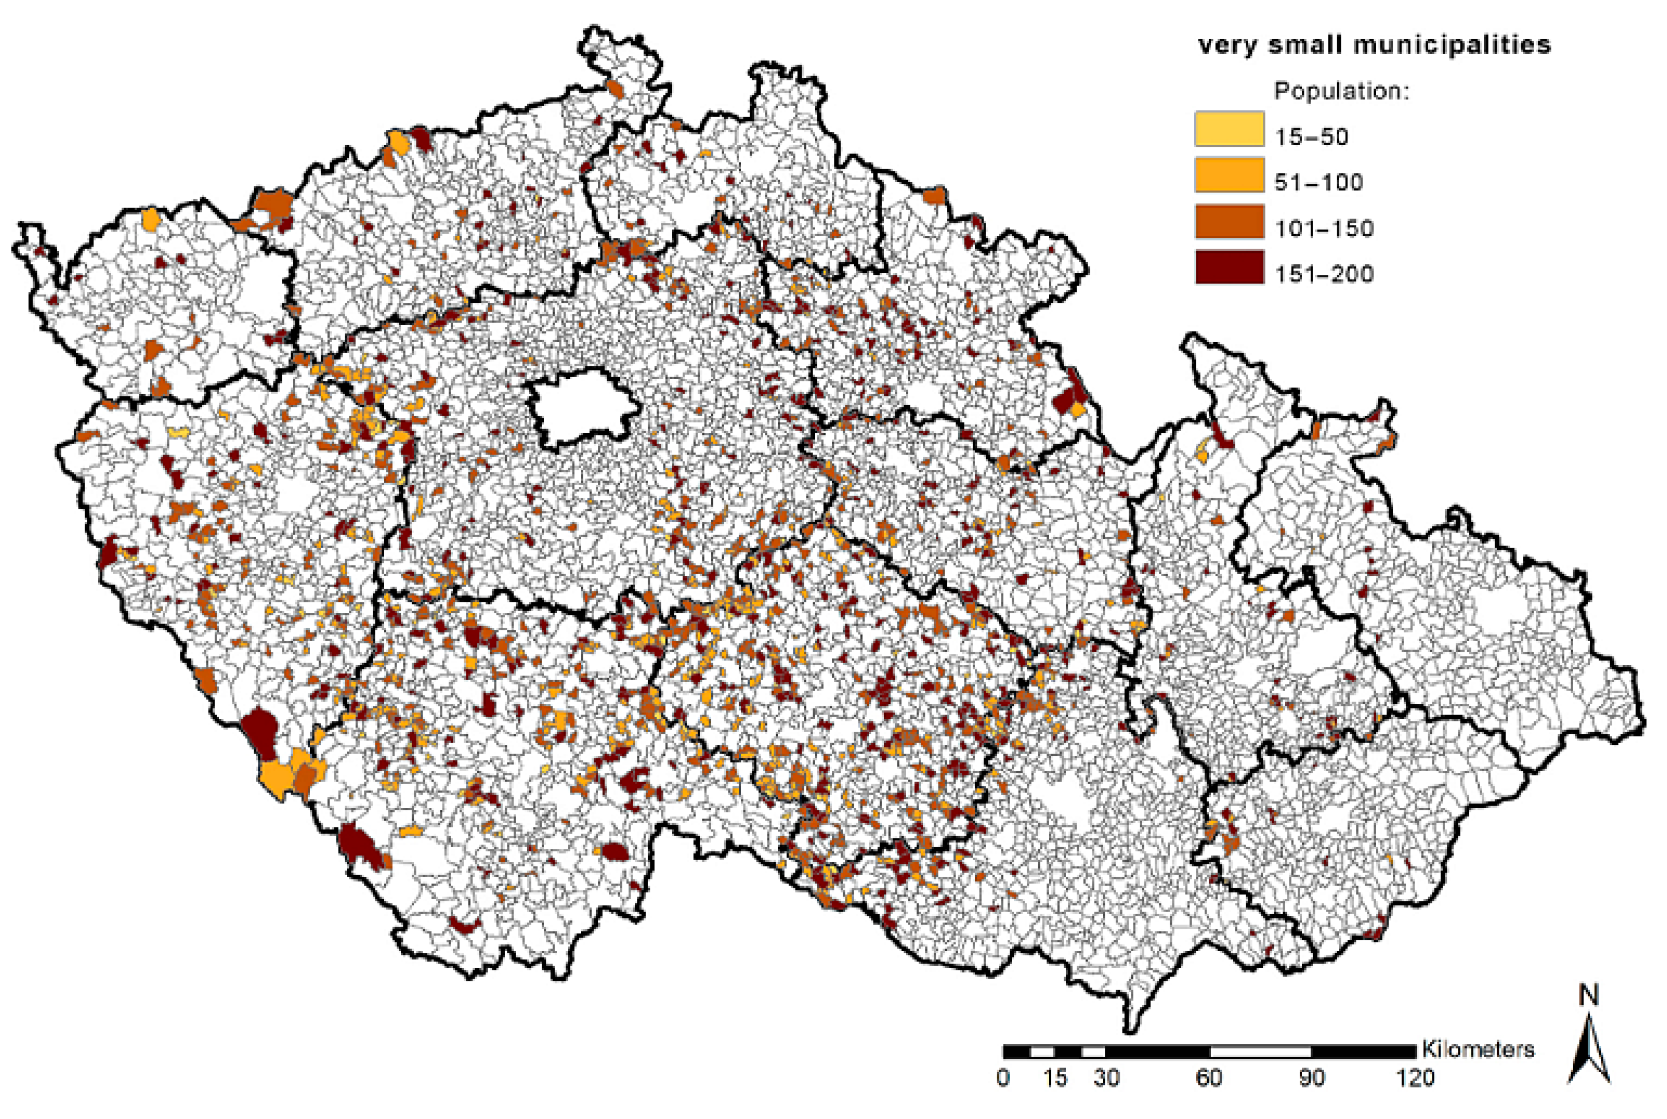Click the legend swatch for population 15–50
click(x=1229, y=129)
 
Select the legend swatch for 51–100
click(x=1229, y=175)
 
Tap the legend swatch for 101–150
click(x=1229, y=221)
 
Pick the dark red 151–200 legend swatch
click(x=1229, y=267)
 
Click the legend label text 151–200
click(x=1324, y=274)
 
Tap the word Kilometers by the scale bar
click(x=1478, y=1049)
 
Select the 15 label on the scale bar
click(x=1055, y=1077)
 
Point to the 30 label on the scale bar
click(x=1106, y=1077)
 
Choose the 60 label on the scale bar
click(x=1209, y=1077)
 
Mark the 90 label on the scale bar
click(x=1312, y=1077)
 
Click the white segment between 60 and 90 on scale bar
click(x=1260, y=1052)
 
